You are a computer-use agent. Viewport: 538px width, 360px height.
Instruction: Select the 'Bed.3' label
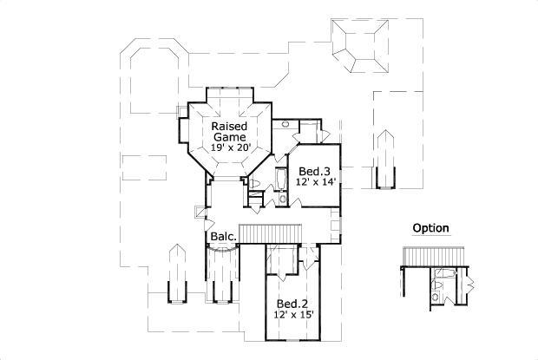tap(312, 171)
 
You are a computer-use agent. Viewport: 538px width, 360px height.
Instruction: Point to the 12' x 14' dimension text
tap(312, 182)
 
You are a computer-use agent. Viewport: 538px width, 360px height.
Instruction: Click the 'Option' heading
tap(430, 229)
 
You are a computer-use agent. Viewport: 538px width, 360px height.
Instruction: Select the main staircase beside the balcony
tap(269, 232)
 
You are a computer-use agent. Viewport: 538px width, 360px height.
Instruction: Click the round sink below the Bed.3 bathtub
tap(284, 199)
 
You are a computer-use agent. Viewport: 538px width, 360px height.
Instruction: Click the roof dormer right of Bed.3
tap(384, 160)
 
